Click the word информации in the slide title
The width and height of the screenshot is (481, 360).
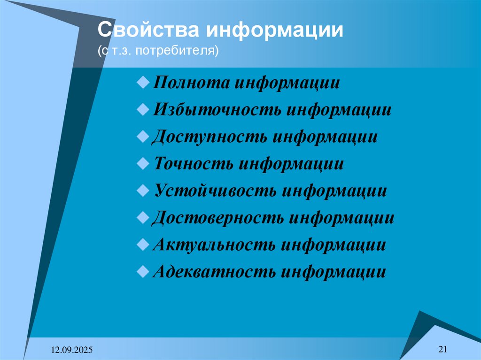point(273,31)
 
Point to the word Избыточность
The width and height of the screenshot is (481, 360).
point(217,110)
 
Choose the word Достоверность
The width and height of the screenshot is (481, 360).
point(218,218)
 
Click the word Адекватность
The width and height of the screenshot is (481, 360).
point(214,272)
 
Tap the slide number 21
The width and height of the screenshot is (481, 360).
point(442,348)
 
